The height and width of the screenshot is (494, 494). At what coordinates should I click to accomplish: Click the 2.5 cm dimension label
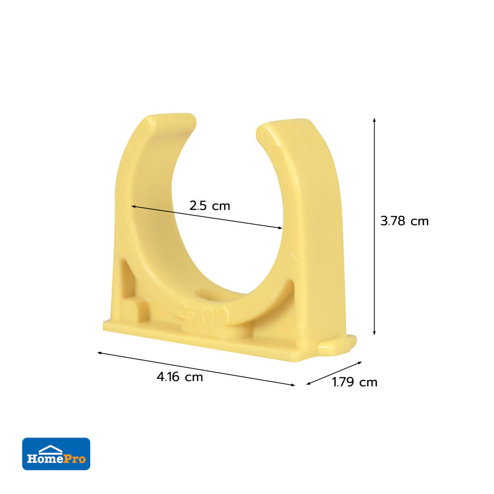click(209, 206)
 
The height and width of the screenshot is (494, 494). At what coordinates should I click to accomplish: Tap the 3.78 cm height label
click(405, 221)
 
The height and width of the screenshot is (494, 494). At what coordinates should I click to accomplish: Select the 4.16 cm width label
click(180, 377)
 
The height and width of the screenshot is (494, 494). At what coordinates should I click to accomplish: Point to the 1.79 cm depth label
click(355, 382)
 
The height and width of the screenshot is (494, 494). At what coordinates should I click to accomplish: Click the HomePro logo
click(56, 453)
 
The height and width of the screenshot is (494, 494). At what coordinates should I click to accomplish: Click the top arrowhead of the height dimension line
click(374, 120)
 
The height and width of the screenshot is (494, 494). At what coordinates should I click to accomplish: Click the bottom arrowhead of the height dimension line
click(374, 333)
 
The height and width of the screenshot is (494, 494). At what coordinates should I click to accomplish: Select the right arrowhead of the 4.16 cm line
click(293, 385)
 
